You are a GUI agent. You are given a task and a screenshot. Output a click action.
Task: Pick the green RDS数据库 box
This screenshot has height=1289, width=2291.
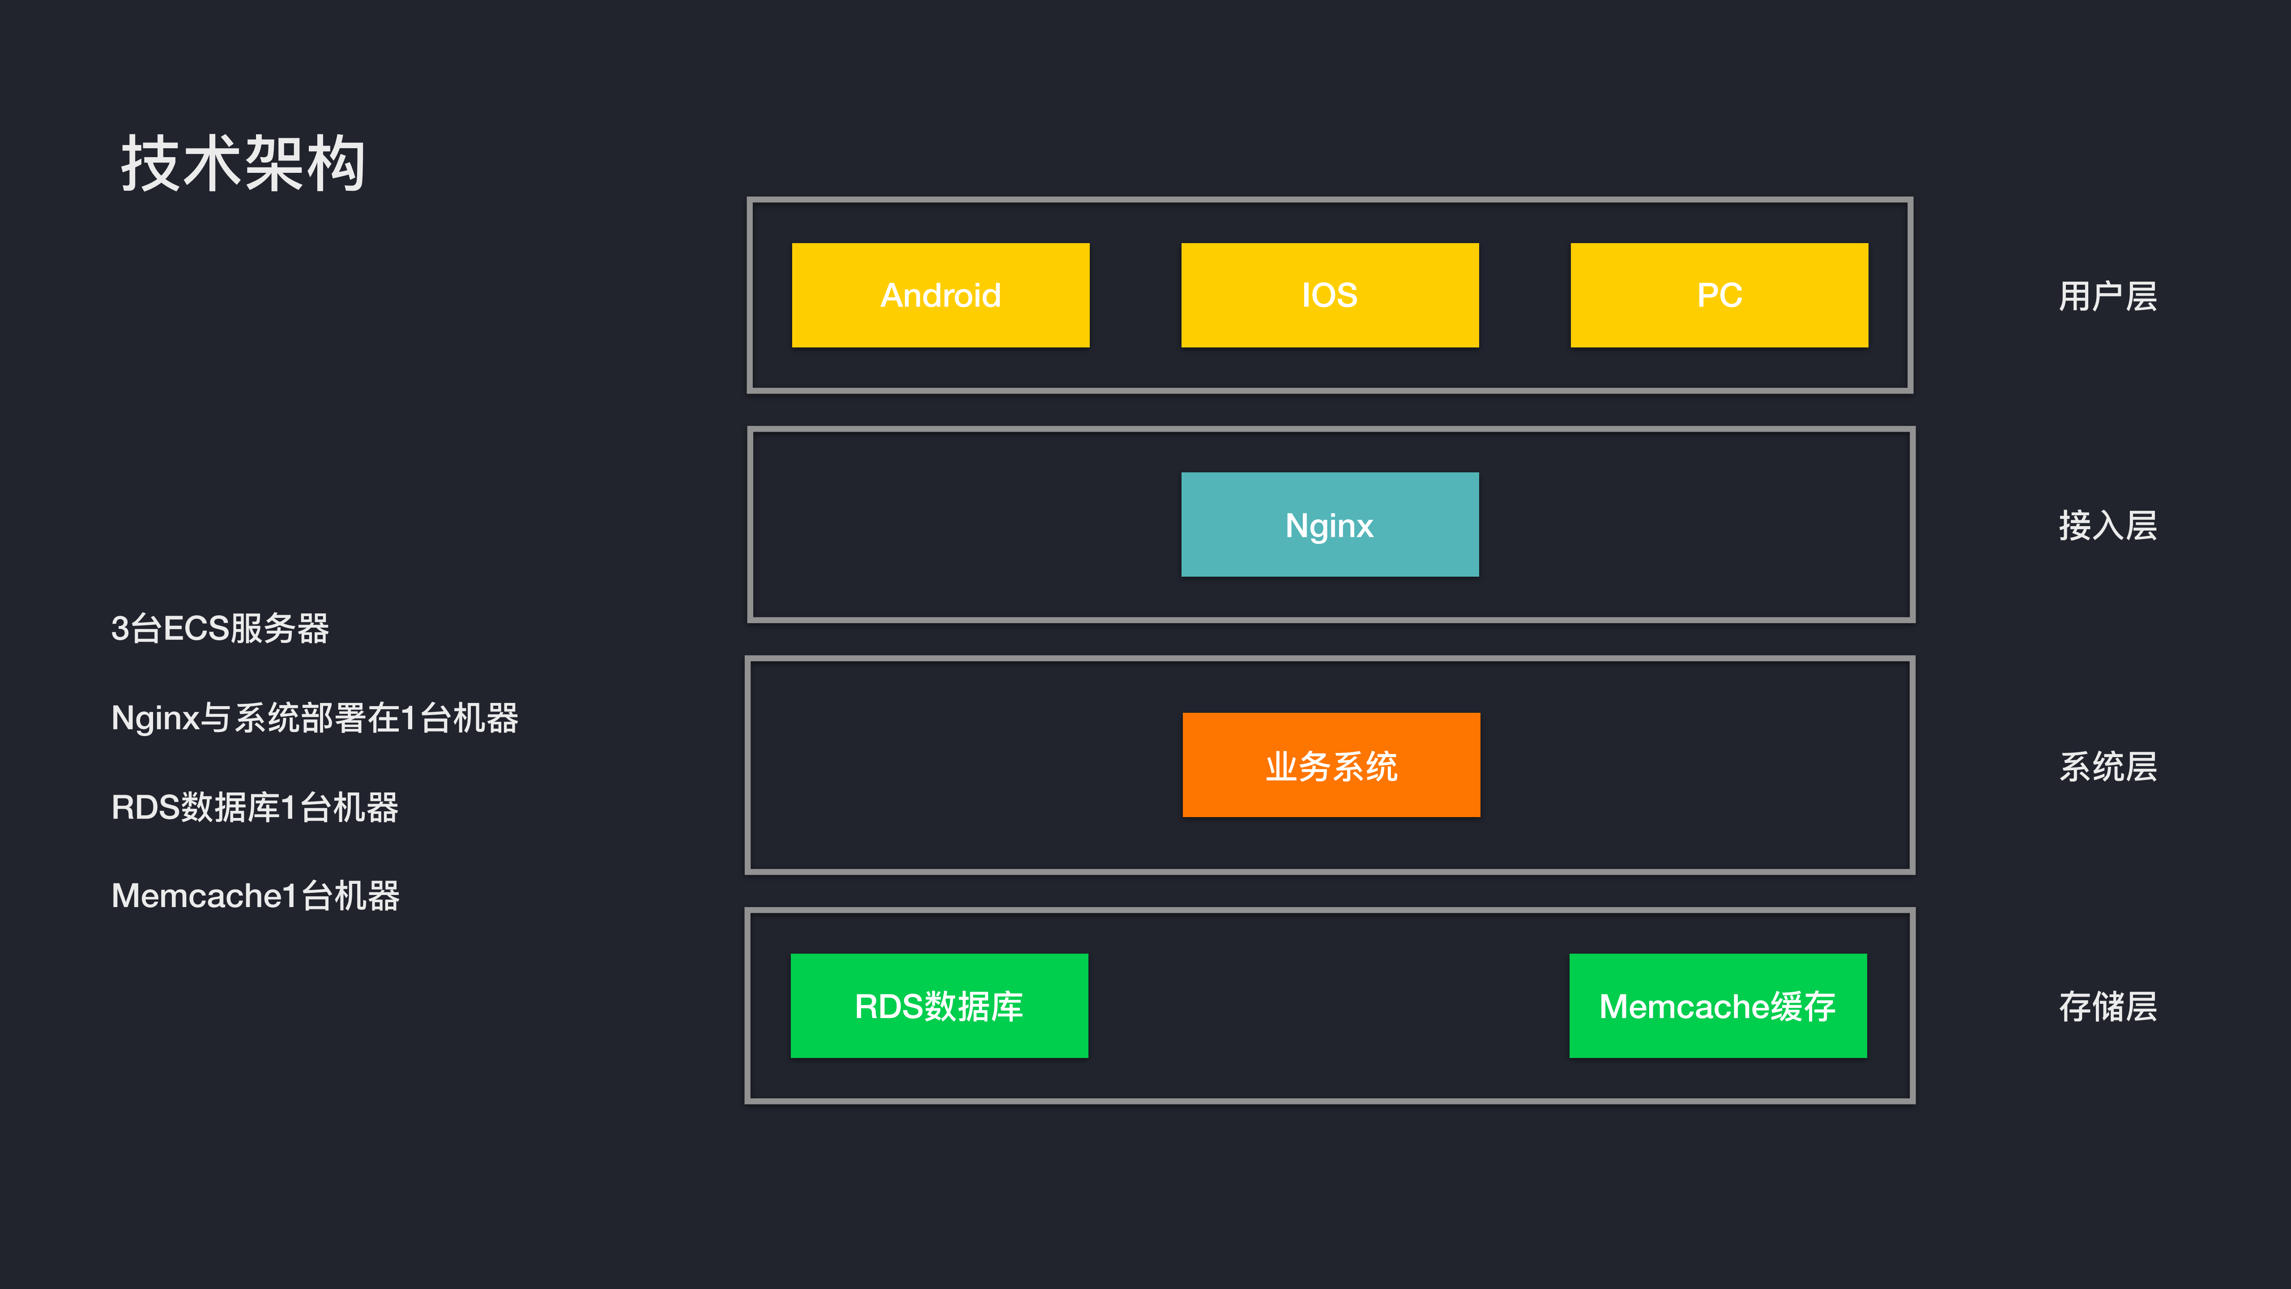click(x=939, y=1005)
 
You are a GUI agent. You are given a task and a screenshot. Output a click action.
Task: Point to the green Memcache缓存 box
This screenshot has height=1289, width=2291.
click(x=1717, y=1005)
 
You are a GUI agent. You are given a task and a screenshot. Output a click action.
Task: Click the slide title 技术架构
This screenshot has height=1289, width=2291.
click(x=243, y=164)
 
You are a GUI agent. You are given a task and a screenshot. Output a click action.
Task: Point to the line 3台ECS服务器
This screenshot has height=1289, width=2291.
click(x=220, y=628)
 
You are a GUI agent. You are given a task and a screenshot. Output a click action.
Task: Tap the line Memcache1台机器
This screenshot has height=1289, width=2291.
click(x=255, y=896)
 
